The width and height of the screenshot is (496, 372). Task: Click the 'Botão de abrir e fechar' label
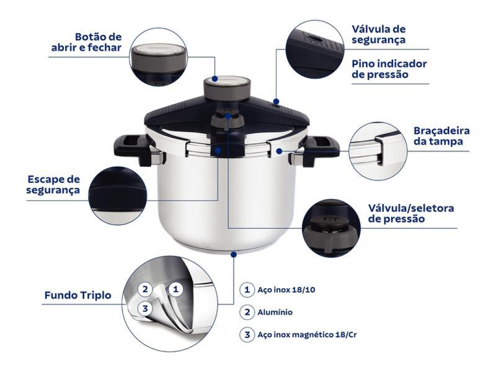(86, 42)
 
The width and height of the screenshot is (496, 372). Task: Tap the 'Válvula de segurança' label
(379, 35)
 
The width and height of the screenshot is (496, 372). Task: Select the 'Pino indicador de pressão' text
(389, 69)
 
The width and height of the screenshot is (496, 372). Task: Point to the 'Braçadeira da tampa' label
(441, 136)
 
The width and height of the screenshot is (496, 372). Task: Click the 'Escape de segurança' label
(53, 184)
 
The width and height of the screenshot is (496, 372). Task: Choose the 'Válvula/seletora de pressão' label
(411, 213)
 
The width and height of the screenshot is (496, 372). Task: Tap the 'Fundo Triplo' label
(78, 295)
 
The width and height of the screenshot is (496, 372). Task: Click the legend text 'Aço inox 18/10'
(286, 290)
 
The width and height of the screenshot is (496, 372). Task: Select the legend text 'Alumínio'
(275, 312)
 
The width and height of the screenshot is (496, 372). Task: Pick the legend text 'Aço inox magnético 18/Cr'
(307, 334)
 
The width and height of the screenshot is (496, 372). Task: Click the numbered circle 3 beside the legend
(247, 335)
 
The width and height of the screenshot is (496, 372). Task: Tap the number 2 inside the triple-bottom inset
(145, 289)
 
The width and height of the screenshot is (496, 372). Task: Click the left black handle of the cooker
(132, 149)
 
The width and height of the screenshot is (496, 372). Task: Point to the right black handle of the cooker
(320, 149)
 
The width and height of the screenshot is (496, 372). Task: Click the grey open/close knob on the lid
(227, 88)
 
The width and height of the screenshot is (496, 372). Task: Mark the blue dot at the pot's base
(234, 254)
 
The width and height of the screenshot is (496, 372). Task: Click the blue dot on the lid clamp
(278, 151)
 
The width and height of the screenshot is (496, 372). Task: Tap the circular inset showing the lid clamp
(378, 151)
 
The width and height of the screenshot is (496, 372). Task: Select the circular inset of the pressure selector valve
(331, 228)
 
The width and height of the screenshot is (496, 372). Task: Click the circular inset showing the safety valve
(315, 49)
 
